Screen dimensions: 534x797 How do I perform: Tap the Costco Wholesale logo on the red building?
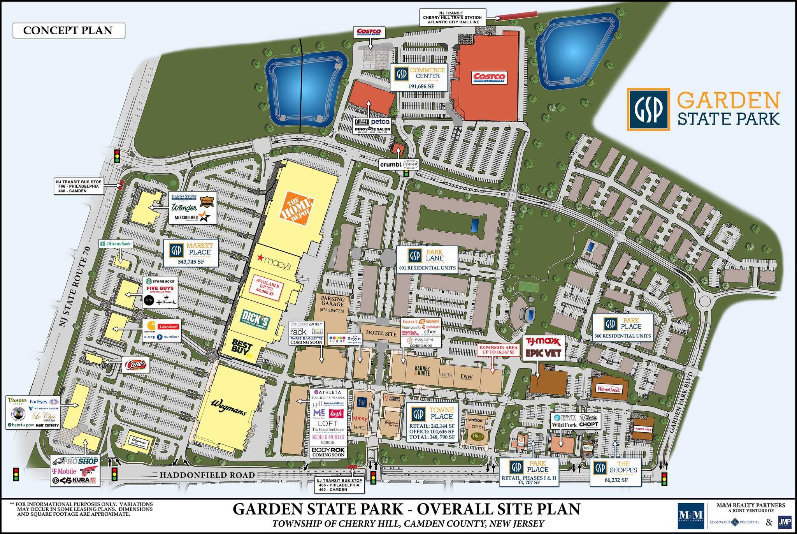tap(490, 78)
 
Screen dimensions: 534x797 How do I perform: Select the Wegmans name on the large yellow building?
tap(228, 407)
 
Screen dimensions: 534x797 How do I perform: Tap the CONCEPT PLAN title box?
tap(68, 30)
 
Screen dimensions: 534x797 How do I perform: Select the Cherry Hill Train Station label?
tap(452, 18)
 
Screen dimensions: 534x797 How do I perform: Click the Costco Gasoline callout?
tap(369, 32)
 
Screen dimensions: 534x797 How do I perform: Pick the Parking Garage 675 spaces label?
tap(332, 304)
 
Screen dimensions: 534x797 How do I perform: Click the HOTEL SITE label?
tap(381, 333)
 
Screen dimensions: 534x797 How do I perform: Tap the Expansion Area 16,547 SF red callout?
tap(498, 349)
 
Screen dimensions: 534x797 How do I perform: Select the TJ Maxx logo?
tap(543, 342)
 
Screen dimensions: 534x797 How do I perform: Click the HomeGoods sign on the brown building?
tap(609, 389)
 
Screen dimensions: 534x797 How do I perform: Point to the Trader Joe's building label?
tap(643, 429)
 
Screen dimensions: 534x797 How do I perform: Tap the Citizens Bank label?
tap(116, 244)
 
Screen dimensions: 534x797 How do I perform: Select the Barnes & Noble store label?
tap(422, 370)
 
